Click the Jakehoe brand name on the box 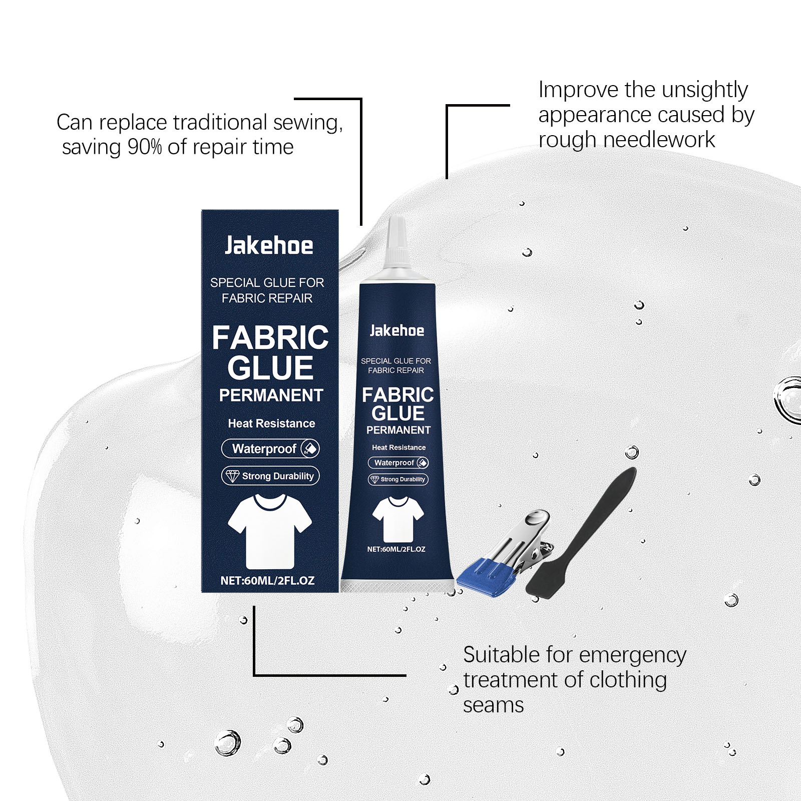click(x=269, y=245)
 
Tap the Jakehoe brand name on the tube click(x=396, y=330)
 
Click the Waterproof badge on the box click(x=270, y=449)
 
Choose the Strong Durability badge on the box click(x=270, y=476)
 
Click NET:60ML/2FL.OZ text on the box click(x=267, y=581)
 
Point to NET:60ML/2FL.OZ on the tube click(x=396, y=549)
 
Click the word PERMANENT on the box click(x=271, y=395)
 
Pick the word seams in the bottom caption click(x=493, y=706)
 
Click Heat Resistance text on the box click(x=271, y=424)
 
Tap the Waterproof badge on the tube click(x=398, y=463)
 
